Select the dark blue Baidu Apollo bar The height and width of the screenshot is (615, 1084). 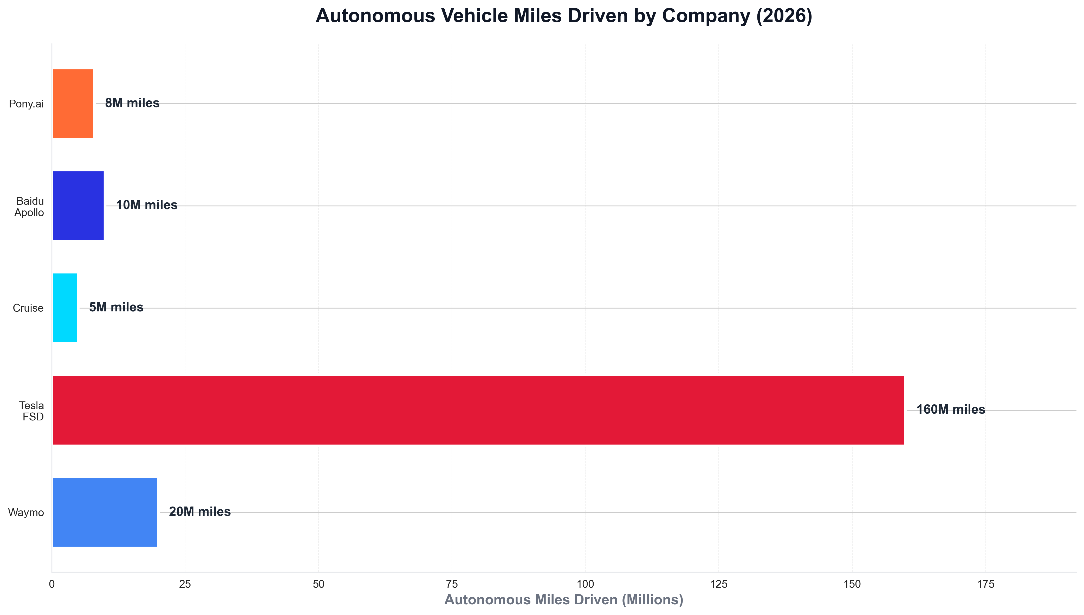(x=78, y=206)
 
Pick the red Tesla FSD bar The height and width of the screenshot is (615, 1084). (x=478, y=410)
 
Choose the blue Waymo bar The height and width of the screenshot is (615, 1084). (x=105, y=512)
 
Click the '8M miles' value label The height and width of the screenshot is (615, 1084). (x=132, y=103)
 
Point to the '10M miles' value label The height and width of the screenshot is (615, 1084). (x=146, y=205)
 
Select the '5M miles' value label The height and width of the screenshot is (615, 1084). (x=116, y=307)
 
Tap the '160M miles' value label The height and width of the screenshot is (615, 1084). (x=951, y=410)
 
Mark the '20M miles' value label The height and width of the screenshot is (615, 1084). (x=200, y=512)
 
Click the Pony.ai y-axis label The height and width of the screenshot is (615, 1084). (x=26, y=104)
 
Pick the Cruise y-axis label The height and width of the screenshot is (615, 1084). (x=28, y=308)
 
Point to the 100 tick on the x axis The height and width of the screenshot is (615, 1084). (x=585, y=585)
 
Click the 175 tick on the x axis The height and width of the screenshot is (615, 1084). (x=986, y=585)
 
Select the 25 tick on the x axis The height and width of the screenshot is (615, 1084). (x=185, y=585)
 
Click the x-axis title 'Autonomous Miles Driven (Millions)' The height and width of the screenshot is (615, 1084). (x=563, y=600)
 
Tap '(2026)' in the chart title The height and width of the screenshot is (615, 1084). (x=784, y=16)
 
